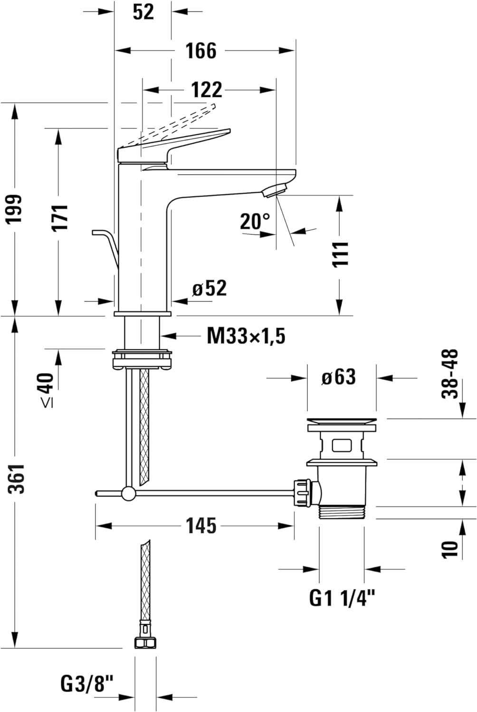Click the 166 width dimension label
pos(200,51)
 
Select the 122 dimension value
pos(206,90)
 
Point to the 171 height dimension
pos(60,218)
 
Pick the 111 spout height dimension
pos(340,254)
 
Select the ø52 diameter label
pos(210,288)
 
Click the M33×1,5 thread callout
pos(246,337)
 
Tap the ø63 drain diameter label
pos(338,377)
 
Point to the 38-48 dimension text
pos(450,374)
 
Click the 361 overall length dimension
pos(18,478)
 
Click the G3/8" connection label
pos(87,684)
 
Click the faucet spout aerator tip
pos(274,190)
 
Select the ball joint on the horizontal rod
pos(128,494)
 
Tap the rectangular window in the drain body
pos(342,445)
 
